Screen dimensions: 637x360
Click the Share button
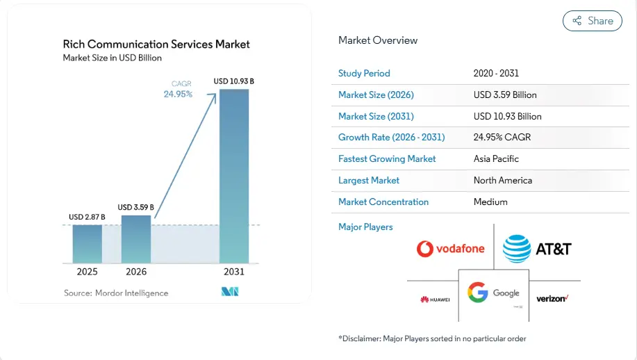point(593,21)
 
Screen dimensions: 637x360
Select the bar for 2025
point(88,244)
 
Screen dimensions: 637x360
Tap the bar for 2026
point(136,239)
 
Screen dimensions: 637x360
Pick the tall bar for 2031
point(234,177)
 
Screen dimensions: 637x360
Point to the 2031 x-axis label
point(234,272)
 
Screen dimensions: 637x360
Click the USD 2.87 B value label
point(87,217)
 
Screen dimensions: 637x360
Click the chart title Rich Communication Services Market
point(156,44)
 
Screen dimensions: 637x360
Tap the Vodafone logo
point(451,249)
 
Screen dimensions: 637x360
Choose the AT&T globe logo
point(517,249)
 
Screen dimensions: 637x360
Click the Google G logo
point(477,293)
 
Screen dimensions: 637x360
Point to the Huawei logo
point(435,300)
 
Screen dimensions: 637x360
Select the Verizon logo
point(552,299)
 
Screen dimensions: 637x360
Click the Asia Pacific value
point(496,159)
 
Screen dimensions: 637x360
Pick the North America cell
point(503,181)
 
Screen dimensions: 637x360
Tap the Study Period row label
point(364,74)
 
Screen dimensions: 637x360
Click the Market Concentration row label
point(383,202)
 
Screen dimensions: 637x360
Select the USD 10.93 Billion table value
point(507,117)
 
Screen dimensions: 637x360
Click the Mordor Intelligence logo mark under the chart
point(230,291)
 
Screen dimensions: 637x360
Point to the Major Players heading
point(365,227)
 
